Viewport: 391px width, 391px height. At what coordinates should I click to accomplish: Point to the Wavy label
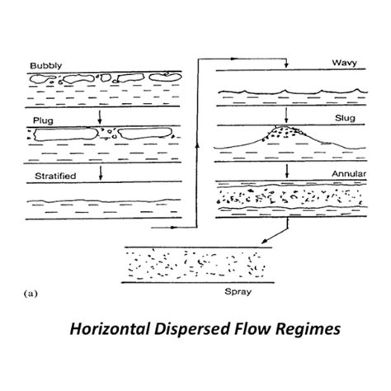(x=345, y=63)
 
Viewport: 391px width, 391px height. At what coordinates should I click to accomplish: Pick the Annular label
(x=342, y=174)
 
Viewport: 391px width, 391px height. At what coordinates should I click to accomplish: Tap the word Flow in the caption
(x=244, y=330)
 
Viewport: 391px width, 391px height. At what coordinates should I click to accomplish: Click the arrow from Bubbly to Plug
(x=100, y=115)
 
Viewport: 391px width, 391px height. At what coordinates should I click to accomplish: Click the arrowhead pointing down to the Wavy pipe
(x=284, y=67)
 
